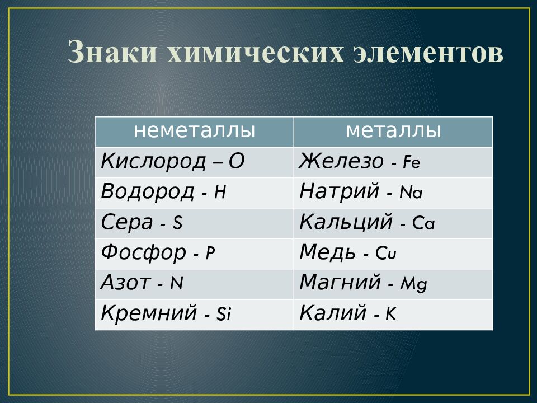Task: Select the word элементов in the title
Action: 429,53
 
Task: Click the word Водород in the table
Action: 147,192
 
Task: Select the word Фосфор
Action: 143,254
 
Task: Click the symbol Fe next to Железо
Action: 412,163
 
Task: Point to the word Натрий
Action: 340,192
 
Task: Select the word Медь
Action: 327,254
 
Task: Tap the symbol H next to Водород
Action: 220,193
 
